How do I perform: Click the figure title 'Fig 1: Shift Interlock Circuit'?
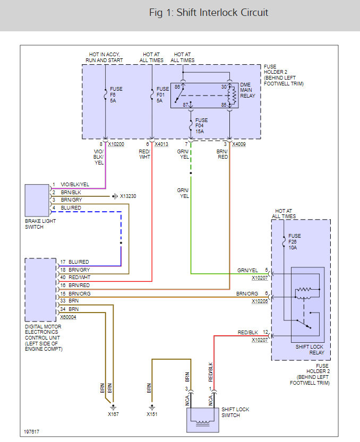(x=209, y=13)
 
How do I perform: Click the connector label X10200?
(x=116, y=144)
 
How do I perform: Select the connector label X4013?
(x=161, y=144)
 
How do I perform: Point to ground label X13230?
(x=128, y=196)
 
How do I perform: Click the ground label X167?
(x=113, y=414)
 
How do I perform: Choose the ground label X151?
(x=152, y=414)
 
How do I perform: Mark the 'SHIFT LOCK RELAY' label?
(x=310, y=350)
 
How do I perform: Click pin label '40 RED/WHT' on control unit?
(x=75, y=278)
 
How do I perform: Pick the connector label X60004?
(x=68, y=317)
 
